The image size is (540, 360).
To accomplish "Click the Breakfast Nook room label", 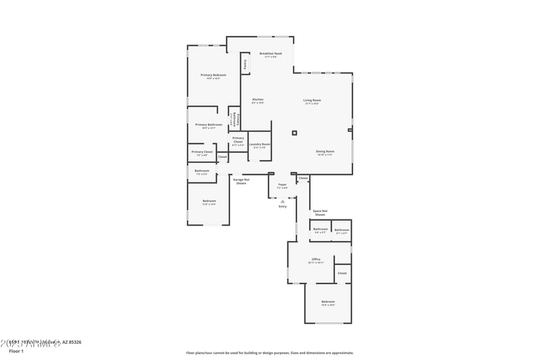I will (271, 53).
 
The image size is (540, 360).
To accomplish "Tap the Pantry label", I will (244, 65).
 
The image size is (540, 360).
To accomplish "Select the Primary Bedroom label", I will (213, 75).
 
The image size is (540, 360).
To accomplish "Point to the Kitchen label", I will (258, 100).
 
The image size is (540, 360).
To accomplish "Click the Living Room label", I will (312, 101).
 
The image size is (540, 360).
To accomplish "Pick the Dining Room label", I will (325, 152).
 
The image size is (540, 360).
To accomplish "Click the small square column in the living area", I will (294, 133).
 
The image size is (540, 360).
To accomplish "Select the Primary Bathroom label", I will (209, 125).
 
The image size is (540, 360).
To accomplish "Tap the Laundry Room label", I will (259, 144).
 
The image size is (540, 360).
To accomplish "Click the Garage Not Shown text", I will (242, 181).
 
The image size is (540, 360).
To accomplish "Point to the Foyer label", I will (282, 184).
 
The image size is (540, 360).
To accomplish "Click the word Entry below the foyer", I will (283, 206).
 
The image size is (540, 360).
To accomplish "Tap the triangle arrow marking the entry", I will (283, 201).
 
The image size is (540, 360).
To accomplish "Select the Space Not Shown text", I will (320, 213).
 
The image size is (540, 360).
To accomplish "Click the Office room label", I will (315, 259).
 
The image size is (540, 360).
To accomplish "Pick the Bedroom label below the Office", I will (328, 302).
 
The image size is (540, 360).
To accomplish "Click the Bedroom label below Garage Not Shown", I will (209, 201).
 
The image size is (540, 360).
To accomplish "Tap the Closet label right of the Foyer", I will (304, 178).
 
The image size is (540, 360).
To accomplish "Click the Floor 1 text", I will (16, 351).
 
